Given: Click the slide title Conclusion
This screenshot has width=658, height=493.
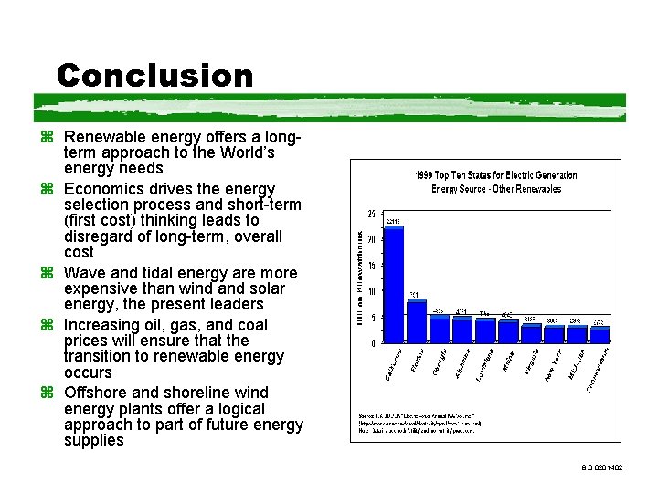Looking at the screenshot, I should click(154, 75).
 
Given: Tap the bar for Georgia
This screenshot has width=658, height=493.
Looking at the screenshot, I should click(440, 330).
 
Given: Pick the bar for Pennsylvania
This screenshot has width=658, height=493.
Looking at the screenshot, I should click(600, 334).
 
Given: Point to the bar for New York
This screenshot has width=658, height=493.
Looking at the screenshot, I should click(554, 333).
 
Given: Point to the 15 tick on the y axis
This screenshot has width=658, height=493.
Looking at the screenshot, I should click(370, 266).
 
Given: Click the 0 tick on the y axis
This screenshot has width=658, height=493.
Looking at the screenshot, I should click(372, 343).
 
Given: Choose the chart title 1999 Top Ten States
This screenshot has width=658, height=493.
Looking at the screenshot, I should click(496, 182).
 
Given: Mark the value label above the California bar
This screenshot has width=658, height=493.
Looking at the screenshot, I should click(394, 222).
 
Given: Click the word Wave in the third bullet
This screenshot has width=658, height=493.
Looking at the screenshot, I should click(83, 273).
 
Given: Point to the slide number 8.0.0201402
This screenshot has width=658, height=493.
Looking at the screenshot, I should click(600, 467).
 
